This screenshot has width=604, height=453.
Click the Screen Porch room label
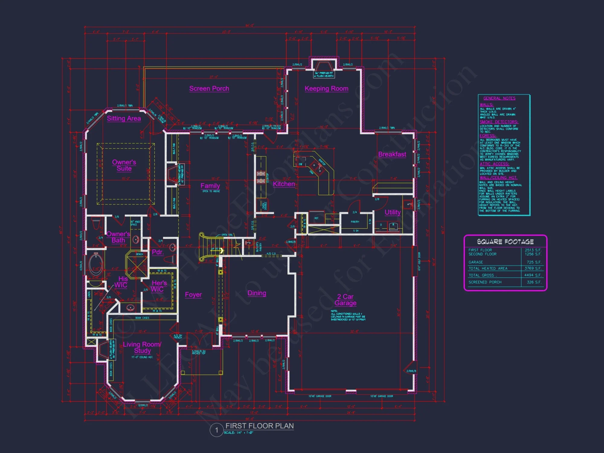click(209, 88)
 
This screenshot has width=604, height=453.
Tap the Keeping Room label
click(326, 88)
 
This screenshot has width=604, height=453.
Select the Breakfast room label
click(392, 154)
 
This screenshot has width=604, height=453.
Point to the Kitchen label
click(284, 184)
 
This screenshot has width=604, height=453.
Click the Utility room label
click(393, 212)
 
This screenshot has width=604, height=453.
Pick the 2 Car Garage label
click(345, 300)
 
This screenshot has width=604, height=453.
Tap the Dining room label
click(257, 293)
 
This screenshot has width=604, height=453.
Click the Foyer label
click(193, 294)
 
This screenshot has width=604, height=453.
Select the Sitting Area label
click(124, 118)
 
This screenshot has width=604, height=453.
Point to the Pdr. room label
click(157, 252)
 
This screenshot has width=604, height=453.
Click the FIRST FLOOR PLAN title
click(259, 426)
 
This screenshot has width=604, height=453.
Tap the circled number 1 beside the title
click(217, 430)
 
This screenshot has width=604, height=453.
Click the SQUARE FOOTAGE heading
click(505, 242)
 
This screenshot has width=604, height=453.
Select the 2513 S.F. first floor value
click(533, 250)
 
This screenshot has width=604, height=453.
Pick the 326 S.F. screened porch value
click(534, 282)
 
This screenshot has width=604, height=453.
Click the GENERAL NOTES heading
click(499, 98)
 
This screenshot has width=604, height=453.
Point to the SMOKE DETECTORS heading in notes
click(499, 122)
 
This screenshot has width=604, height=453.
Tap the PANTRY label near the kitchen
click(355, 222)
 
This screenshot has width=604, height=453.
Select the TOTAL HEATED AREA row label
click(488, 268)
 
